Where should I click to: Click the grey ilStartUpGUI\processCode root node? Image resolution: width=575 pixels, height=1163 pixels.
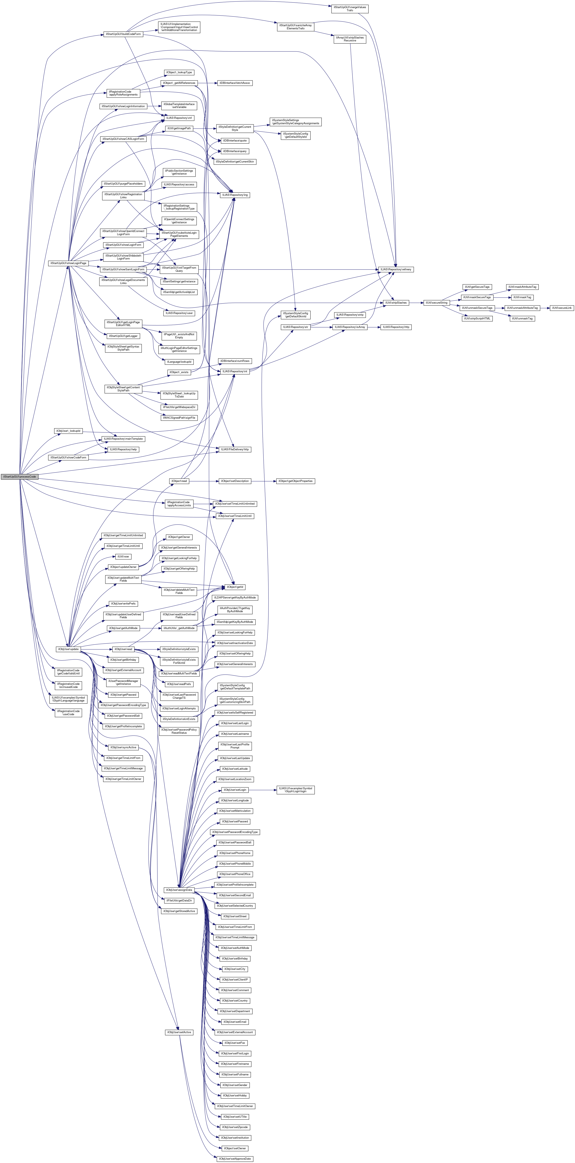pyautogui.click(x=19, y=477)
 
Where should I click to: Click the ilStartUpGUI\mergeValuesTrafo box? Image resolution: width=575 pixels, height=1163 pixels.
pyautogui.click(x=350, y=9)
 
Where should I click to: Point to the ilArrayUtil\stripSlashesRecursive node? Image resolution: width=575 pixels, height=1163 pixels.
pyautogui.click(x=350, y=39)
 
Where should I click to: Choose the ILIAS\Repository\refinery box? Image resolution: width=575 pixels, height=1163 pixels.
pyautogui.click(x=396, y=269)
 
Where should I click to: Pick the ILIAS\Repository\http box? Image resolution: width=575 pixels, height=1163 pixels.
pyautogui.click(x=396, y=327)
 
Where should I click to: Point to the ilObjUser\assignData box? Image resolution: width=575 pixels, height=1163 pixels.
pyautogui.click(x=179, y=890)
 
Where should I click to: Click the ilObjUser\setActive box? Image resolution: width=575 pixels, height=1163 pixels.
pyautogui.click(x=179, y=1032)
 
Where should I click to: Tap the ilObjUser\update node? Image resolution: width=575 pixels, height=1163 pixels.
pyautogui.click(x=68, y=649)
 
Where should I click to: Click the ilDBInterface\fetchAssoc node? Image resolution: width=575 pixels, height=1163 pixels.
pyautogui.click(x=235, y=83)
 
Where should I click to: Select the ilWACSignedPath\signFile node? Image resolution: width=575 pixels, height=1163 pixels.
pyautogui.click(x=179, y=418)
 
